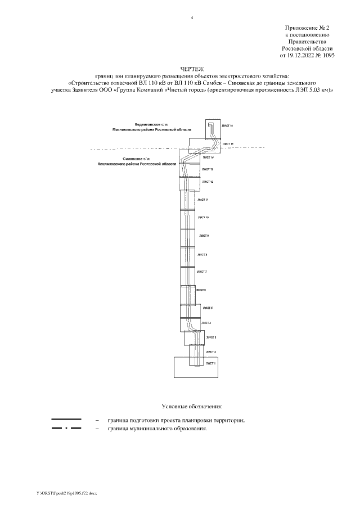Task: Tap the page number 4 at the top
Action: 192,18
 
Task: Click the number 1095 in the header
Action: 327,56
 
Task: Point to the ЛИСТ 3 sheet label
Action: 211,337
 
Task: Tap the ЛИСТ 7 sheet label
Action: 202,272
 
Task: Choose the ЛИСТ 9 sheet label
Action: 204,236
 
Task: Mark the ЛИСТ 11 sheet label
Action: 204,200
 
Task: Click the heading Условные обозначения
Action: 192,406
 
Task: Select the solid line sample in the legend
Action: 66,420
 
